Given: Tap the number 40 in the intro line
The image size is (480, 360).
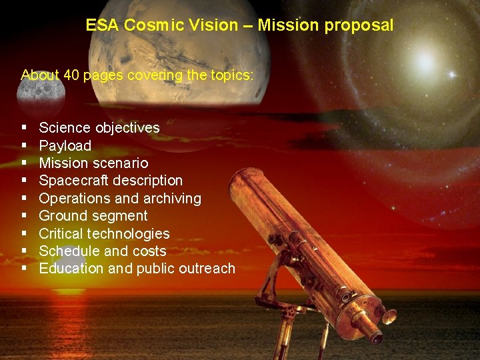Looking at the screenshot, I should point(72,75).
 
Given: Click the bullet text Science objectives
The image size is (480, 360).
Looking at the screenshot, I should point(99,128).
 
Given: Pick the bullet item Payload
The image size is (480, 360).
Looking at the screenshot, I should point(65,145).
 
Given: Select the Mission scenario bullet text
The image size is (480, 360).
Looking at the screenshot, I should point(93,163).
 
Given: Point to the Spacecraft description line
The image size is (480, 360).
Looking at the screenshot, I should point(111,181).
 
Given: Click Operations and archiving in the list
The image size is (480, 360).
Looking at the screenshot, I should point(120,199).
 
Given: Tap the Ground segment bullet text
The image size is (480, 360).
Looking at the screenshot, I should point(93,216).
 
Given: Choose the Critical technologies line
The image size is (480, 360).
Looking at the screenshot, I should point(104,234).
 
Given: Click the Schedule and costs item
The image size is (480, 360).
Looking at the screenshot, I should point(103,251).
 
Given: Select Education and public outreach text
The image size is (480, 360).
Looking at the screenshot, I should point(137,269).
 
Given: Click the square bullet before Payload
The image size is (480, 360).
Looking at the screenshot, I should point(24,145).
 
